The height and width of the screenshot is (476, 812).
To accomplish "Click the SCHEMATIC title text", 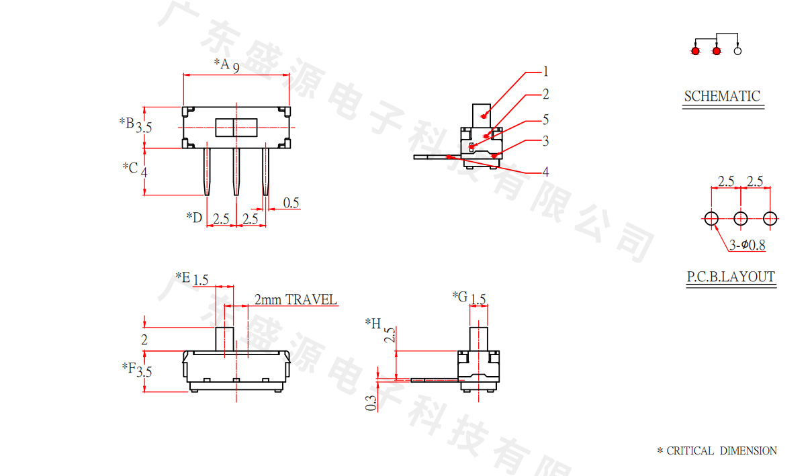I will tap(722, 96).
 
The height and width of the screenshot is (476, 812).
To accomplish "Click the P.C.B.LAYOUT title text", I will tap(731, 277).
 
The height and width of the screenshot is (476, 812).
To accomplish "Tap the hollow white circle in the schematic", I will tap(737, 51).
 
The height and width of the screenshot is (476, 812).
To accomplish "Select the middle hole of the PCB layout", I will tap(741, 218).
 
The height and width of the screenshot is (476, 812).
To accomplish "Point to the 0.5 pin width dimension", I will tap(291, 203).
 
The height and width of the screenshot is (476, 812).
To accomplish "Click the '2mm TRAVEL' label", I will tap(296, 299).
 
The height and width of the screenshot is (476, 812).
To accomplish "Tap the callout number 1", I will tap(546, 71).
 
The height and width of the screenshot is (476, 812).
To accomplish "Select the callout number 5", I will tap(546, 120).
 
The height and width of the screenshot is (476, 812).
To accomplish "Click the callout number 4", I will tap(546, 172).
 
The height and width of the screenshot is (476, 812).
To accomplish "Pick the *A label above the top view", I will tap(222, 64).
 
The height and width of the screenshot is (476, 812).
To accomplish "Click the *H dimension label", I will tap(373, 324).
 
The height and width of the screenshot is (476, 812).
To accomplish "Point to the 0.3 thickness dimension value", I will tap(371, 403).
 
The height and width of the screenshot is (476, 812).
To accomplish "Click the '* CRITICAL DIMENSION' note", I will tap(717, 451).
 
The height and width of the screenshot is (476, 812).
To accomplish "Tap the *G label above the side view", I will tap(459, 296).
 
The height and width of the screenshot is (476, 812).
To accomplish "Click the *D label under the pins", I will tap(194, 218).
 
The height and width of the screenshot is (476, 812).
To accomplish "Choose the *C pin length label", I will tap(130, 166).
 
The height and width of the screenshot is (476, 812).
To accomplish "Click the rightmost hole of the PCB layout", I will tap(770, 218).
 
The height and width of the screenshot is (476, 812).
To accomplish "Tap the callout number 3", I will tap(546, 141).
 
